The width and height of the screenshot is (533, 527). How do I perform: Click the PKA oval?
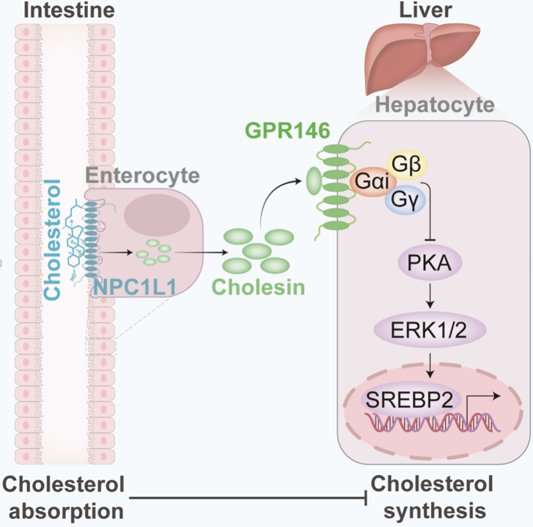tap(430, 263)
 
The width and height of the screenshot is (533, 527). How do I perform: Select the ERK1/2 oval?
tap(430, 330)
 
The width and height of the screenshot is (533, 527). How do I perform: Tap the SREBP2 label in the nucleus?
tap(409, 400)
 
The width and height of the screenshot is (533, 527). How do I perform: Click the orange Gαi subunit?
tap(371, 181)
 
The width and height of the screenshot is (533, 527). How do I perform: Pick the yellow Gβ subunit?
tap(406, 164)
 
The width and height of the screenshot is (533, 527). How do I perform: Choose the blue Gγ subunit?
tap(405, 199)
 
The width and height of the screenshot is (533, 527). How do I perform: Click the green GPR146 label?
tap(287, 131)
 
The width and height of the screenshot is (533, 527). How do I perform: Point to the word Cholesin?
tap(258, 287)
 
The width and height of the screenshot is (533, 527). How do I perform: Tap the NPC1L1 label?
tap(135, 287)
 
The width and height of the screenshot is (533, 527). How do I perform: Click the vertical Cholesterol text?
tap(52, 239)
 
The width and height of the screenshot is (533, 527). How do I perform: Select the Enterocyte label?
tap(142, 175)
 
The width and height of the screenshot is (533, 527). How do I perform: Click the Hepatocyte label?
tap(434, 105)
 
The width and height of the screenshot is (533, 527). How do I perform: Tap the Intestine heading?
tap(69, 10)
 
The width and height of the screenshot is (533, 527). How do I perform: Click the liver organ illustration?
tap(421, 56)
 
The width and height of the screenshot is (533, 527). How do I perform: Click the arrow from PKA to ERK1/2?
tap(430, 296)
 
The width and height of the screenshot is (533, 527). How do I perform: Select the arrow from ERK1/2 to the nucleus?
tap(430, 365)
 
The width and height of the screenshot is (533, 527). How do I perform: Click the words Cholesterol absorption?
tap(64, 497)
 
